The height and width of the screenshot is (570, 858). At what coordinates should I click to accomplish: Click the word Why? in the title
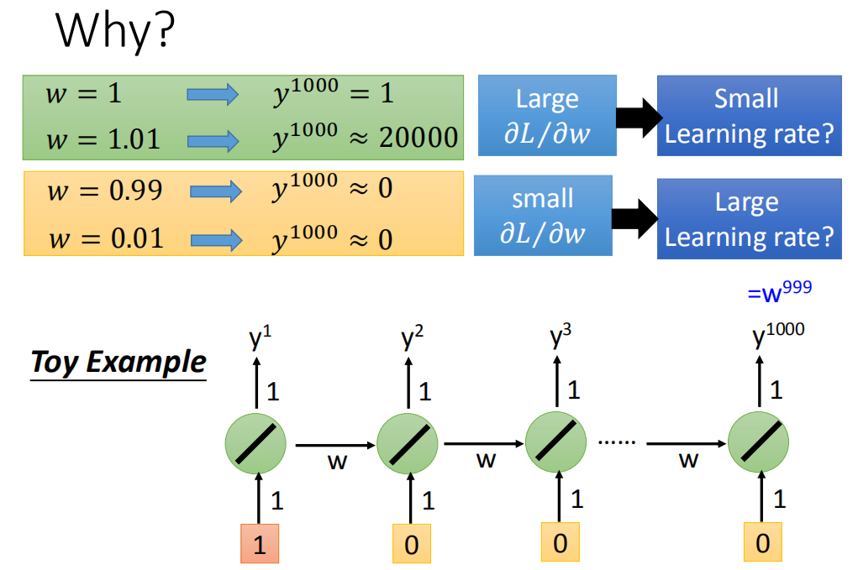[115, 31]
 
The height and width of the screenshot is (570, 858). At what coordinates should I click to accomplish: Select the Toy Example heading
[118, 363]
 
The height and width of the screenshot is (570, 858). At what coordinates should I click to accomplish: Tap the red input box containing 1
[260, 543]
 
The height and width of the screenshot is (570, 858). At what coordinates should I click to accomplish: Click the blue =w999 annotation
[779, 291]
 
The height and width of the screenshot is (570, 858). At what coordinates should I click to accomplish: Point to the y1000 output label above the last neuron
[778, 334]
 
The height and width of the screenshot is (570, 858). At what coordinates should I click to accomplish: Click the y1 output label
[260, 337]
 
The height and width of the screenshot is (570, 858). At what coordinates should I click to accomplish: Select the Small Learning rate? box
[749, 116]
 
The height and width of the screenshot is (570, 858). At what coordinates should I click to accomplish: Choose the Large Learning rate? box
[749, 218]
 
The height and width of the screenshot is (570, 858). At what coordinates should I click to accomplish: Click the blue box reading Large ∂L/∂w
[547, 115]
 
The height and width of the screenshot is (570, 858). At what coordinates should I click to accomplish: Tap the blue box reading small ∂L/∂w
[543, 215]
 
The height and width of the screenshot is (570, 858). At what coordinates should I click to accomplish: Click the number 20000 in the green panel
[418, 137]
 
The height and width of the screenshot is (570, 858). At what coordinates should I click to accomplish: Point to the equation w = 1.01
[103, 139]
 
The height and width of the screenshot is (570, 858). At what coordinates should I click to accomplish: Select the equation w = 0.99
[105, 191]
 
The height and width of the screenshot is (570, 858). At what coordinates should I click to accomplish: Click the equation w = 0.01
[106, 238]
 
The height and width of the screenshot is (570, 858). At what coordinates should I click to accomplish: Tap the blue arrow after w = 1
[213, 94]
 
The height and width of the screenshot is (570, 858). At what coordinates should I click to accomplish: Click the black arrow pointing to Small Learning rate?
[640, 118]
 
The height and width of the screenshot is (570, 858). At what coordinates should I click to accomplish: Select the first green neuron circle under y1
[255, 443]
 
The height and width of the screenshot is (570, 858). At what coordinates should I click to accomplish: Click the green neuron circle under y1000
[758, 442]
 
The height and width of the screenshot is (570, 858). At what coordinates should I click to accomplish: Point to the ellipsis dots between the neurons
[617, 442]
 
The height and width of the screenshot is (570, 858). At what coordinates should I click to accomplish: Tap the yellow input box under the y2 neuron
[412, 543]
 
